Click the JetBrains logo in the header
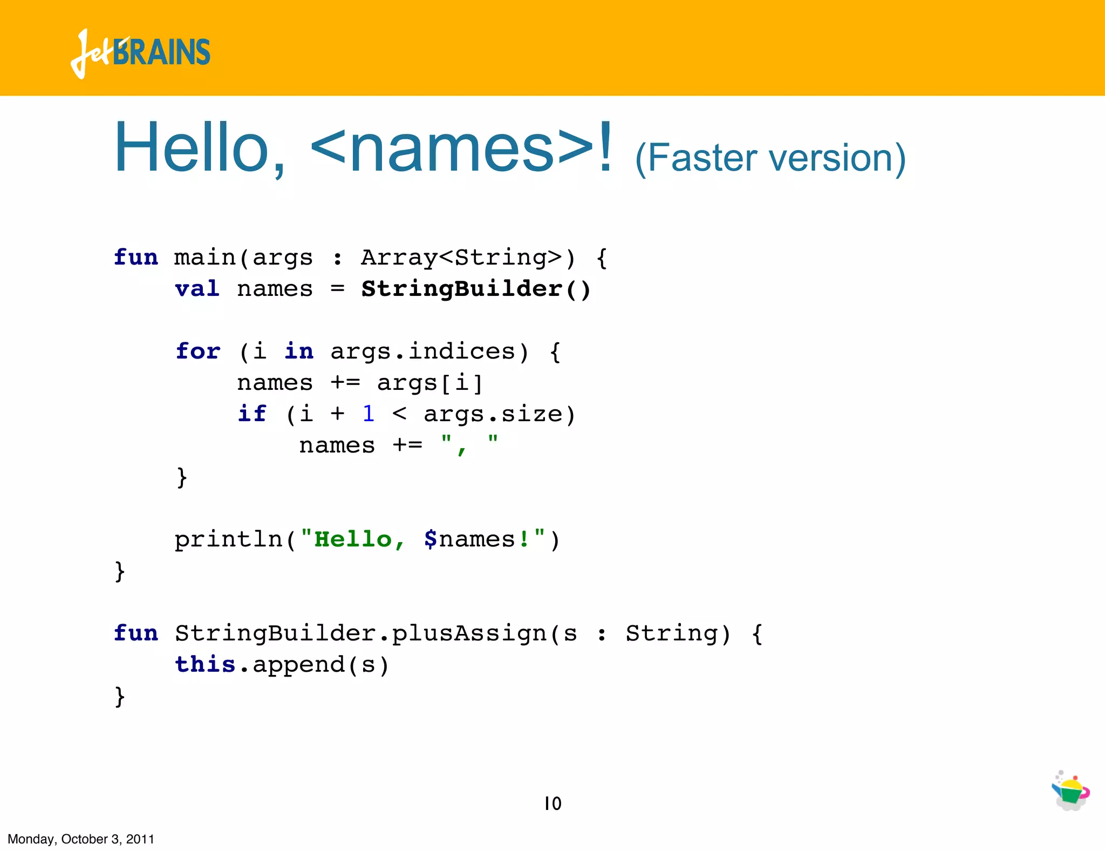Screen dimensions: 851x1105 coord(140,53)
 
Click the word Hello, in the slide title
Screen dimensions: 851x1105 coord(200,148)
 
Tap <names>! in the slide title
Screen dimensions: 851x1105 coord(461,148)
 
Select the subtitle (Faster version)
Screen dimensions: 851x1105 coord(770,158)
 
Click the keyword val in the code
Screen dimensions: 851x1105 coord(197,289)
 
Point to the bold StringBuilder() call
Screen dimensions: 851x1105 coord(476,289)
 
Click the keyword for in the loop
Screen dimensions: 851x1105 coord(198,352)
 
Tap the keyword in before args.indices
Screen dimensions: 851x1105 coord(299,352)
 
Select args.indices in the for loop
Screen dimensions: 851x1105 coord(422,352)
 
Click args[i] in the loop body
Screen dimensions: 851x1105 coord(429,383)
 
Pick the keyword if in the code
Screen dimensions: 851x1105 coord(252,414)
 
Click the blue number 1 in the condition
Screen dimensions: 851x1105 coord(369,414)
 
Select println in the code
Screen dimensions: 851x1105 coord(229,539)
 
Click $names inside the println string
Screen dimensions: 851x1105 coord(469,539)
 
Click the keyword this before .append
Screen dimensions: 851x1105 coord(205,665)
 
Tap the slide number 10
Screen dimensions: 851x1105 coord(552,803)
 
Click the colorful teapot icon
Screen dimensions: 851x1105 coord(1070,791)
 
